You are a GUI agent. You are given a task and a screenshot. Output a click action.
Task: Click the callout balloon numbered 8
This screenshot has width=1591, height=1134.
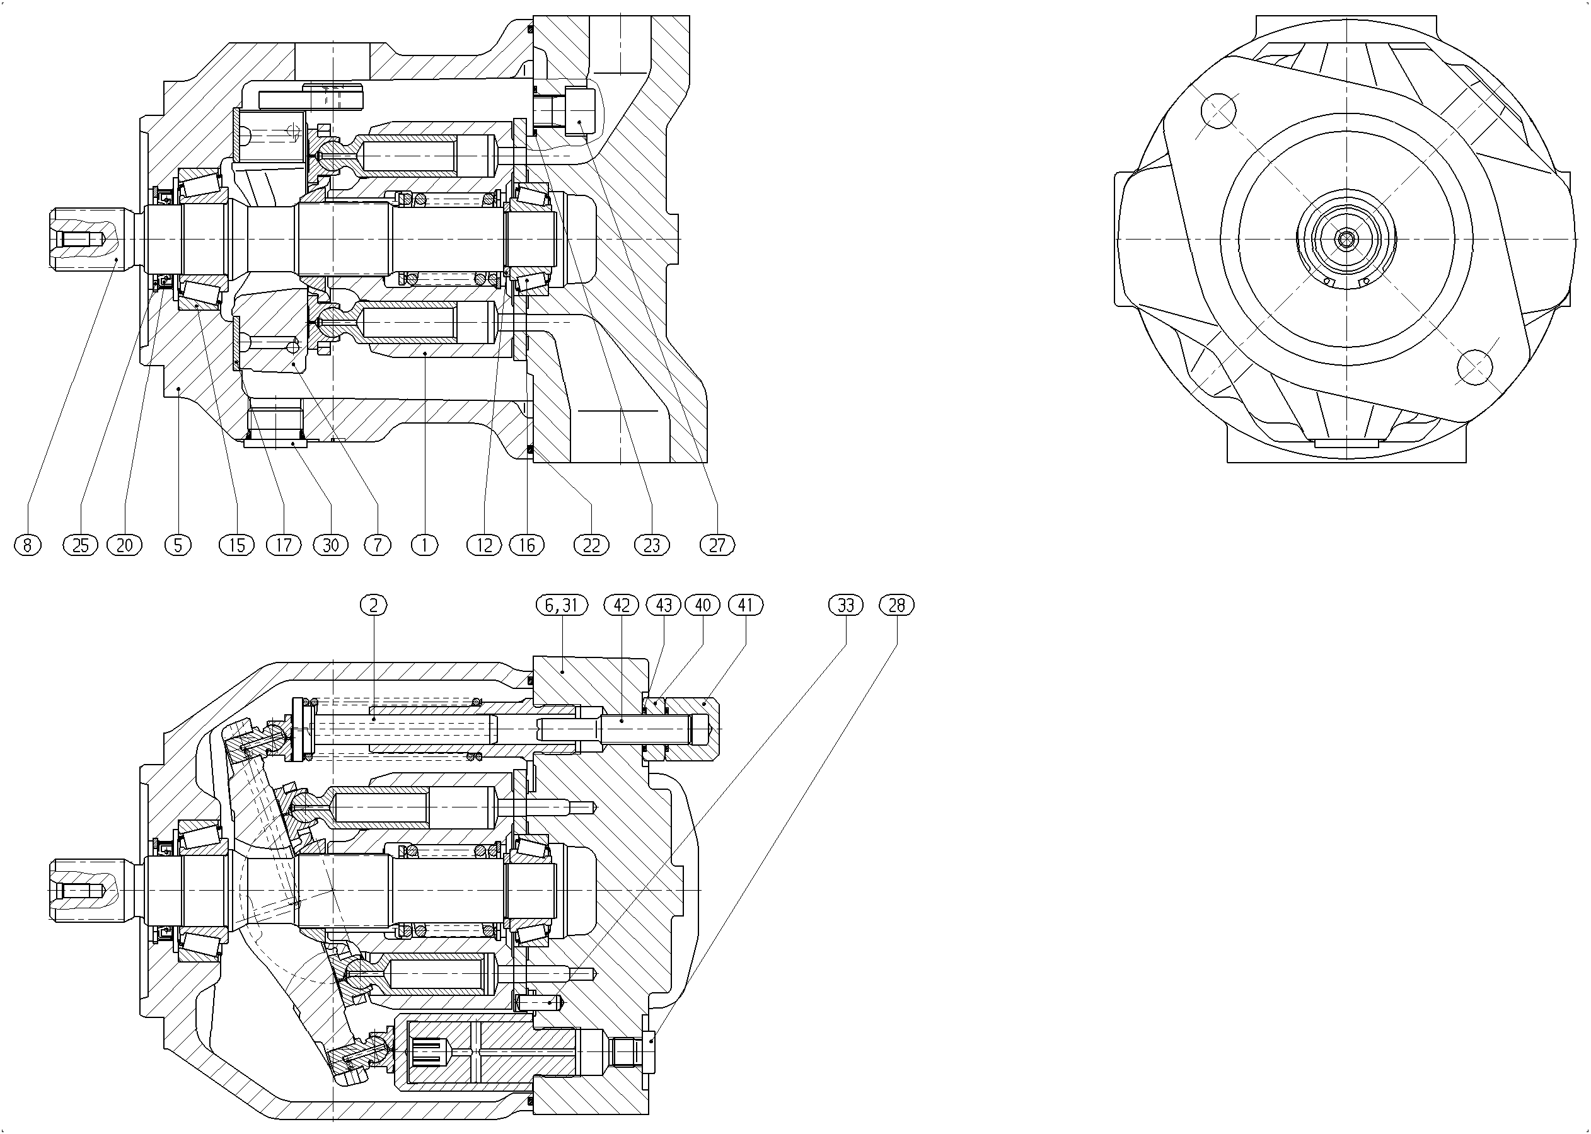[28, 545]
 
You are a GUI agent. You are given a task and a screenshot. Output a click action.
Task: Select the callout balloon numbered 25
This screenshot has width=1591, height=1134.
[81, 545]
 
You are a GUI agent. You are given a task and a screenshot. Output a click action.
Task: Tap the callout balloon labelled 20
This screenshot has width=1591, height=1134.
[124, 545]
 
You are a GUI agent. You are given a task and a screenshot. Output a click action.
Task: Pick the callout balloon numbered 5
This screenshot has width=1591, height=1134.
[178, 545]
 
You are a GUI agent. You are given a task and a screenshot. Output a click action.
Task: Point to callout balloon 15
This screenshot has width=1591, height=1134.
[238, 545]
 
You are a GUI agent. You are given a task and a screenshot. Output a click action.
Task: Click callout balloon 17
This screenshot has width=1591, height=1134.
[284, 545]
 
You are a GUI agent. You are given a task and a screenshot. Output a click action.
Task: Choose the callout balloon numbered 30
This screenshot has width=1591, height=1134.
[331, 545]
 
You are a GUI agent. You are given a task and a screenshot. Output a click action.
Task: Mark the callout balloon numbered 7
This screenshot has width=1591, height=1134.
[378, 545]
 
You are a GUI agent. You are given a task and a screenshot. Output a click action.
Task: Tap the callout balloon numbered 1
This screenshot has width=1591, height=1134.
[424, 545]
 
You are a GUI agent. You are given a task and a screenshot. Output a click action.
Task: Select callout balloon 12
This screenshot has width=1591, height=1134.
[485, 545]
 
